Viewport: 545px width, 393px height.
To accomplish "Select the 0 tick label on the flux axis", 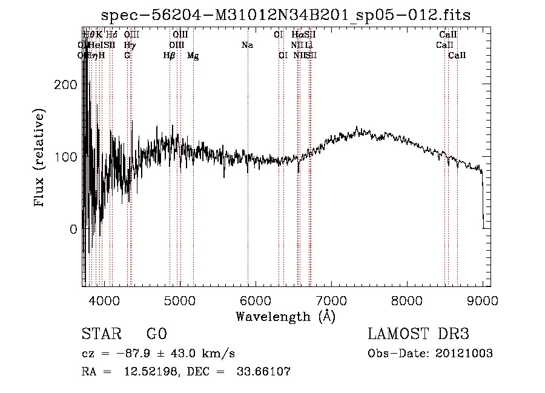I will tap(73, 230).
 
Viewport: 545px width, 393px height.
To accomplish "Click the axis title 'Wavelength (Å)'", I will tap(285, 315).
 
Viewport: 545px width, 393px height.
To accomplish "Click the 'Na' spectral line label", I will tap(247, 45).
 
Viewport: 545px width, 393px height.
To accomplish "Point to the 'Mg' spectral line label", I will tap(193, 56).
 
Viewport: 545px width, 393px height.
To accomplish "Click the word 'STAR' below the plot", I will tap(100, 334).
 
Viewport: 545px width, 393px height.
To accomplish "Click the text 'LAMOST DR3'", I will tap(418, 334).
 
